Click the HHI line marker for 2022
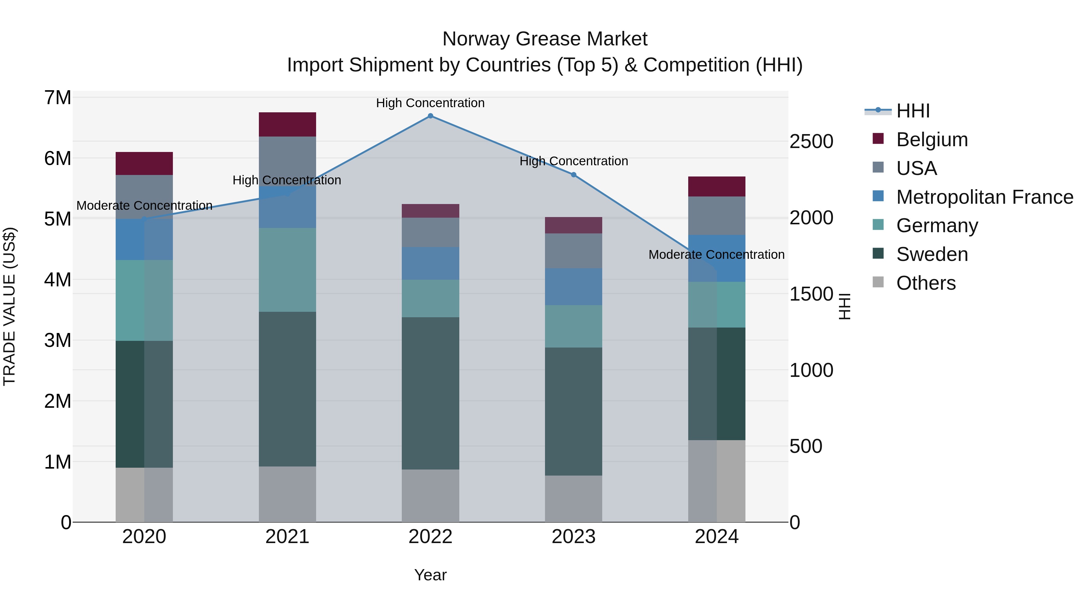(430, 116)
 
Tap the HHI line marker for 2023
(573, 175)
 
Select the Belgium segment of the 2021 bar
(287, 124)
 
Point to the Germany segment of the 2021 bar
(287, 270)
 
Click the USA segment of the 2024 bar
(716, 216)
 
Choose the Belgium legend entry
(931, 140)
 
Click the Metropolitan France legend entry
(984, 197)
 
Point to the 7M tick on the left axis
(58, 98)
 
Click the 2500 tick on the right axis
(811, 141)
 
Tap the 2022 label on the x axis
(430, 537)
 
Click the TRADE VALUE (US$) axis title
(9, 306)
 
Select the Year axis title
(430, 575)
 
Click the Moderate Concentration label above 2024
(716, 255)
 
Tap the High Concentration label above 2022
(430, 103)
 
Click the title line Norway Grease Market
(545, 39)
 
